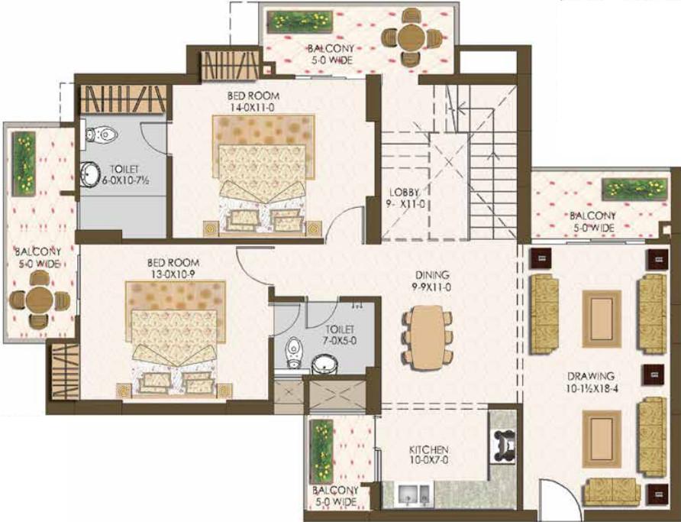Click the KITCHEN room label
[428, 450]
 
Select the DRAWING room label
[591, 376]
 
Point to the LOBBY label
[404, 192]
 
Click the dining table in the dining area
[428, 337]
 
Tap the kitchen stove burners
[503, 446]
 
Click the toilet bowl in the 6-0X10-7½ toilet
[102, 135]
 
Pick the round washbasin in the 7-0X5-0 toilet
[326, 365]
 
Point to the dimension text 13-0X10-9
[173, 274]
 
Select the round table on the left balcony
[39, 300]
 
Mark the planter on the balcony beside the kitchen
[321, 451]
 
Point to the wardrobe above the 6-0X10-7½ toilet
[124, 99]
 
